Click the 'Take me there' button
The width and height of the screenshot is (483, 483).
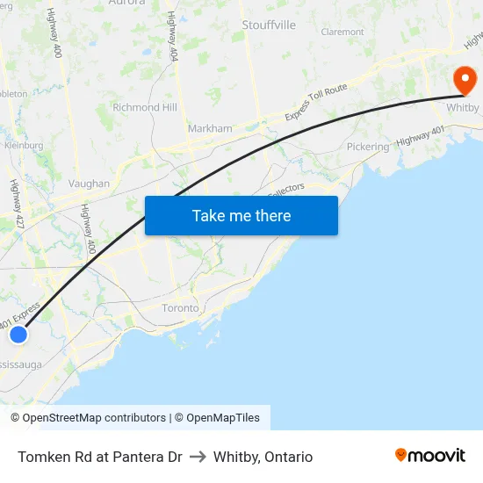coord(241,215)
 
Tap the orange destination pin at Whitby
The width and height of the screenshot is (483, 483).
coord(464,81)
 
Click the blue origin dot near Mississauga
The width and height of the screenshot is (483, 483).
coord(18,334)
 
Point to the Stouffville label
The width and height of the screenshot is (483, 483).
coord(269,25)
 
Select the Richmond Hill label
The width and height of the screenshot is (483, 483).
coord(144,107)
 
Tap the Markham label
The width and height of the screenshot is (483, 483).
coord(210,128)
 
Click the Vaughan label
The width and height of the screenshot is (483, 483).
coord(89,184)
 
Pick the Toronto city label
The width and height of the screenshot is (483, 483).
coord(181,308)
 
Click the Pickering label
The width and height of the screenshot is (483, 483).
coord(367,147)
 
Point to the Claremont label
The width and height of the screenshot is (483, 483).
coord(342,32)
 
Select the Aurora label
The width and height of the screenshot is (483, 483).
coord(126,3)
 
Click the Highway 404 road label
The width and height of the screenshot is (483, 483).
coord(173,43)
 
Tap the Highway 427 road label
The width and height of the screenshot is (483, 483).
coord(16,205)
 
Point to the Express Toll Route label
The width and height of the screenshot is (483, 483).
coord(317,103)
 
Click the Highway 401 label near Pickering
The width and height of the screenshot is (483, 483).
coord(419,137)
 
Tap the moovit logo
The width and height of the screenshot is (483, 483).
coord(430,455)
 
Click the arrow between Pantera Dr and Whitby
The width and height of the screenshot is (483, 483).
coord(198,457)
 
